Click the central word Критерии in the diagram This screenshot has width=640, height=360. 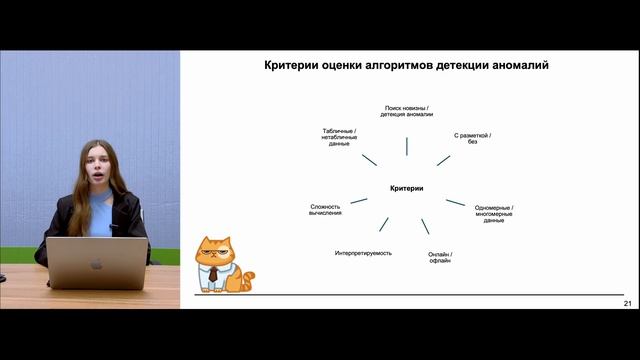tap(406, 188)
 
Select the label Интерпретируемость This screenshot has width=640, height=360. tap(363, 253)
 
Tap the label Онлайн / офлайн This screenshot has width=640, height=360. tap(440, 257)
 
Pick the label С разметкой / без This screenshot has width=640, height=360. tap(473, 138)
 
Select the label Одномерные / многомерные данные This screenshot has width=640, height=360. tap(494, 214)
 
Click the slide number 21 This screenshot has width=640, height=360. tap(627, 303)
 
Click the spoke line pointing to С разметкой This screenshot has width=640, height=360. tap(444, 160)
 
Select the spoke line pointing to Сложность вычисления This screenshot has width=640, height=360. tap(358, 200)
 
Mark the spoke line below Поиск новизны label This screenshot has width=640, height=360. tap(406, 146)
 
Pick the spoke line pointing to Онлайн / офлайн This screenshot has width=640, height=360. tap(425, 226)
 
